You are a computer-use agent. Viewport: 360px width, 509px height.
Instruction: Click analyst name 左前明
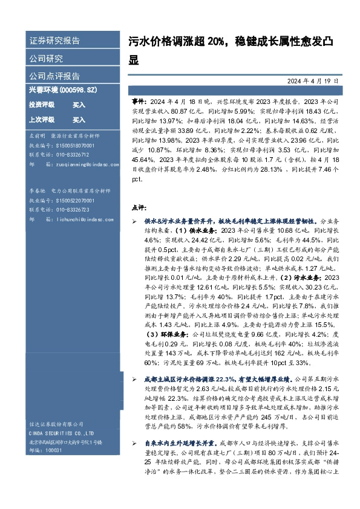(x=38, y=137)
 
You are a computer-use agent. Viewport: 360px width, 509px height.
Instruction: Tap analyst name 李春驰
(x=38, y=190)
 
